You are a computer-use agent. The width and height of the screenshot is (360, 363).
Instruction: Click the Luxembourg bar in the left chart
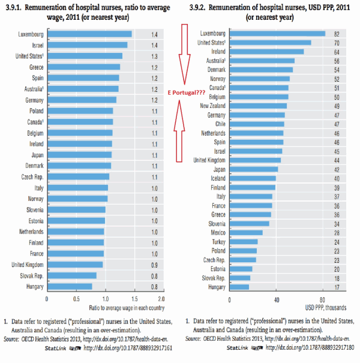click(89, 34)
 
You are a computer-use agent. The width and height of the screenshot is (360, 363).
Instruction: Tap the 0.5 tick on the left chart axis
click(76, 298)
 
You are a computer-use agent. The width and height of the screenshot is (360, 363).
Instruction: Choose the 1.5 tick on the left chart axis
click(135, 298)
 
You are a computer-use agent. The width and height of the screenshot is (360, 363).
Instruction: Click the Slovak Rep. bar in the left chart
click(71, 275)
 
